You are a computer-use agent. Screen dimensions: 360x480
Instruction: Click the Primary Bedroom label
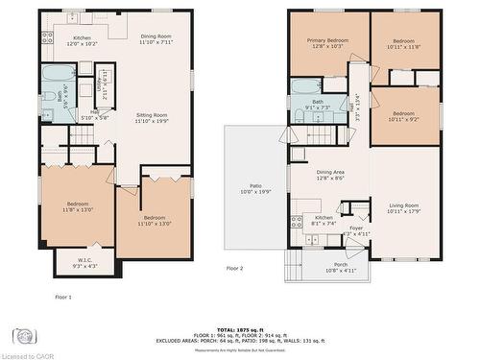click(327, 43)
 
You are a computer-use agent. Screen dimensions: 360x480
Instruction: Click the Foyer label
click(355, 230)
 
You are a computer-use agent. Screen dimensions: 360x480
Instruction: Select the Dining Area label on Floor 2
click(329, 175)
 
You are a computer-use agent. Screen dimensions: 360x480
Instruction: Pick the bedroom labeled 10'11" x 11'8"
click(403, 43)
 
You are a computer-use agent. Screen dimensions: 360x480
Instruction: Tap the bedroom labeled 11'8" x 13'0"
click(77, 205)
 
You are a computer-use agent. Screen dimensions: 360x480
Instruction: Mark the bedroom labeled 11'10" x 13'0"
click(156, 221)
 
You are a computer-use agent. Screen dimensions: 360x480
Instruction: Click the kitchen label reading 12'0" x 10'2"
click(83, 39)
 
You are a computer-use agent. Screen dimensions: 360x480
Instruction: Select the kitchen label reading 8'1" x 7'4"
click(324, 221)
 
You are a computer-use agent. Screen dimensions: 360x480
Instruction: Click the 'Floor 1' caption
click(63, 297)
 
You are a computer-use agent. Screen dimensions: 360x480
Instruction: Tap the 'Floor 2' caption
click(235, 268)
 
